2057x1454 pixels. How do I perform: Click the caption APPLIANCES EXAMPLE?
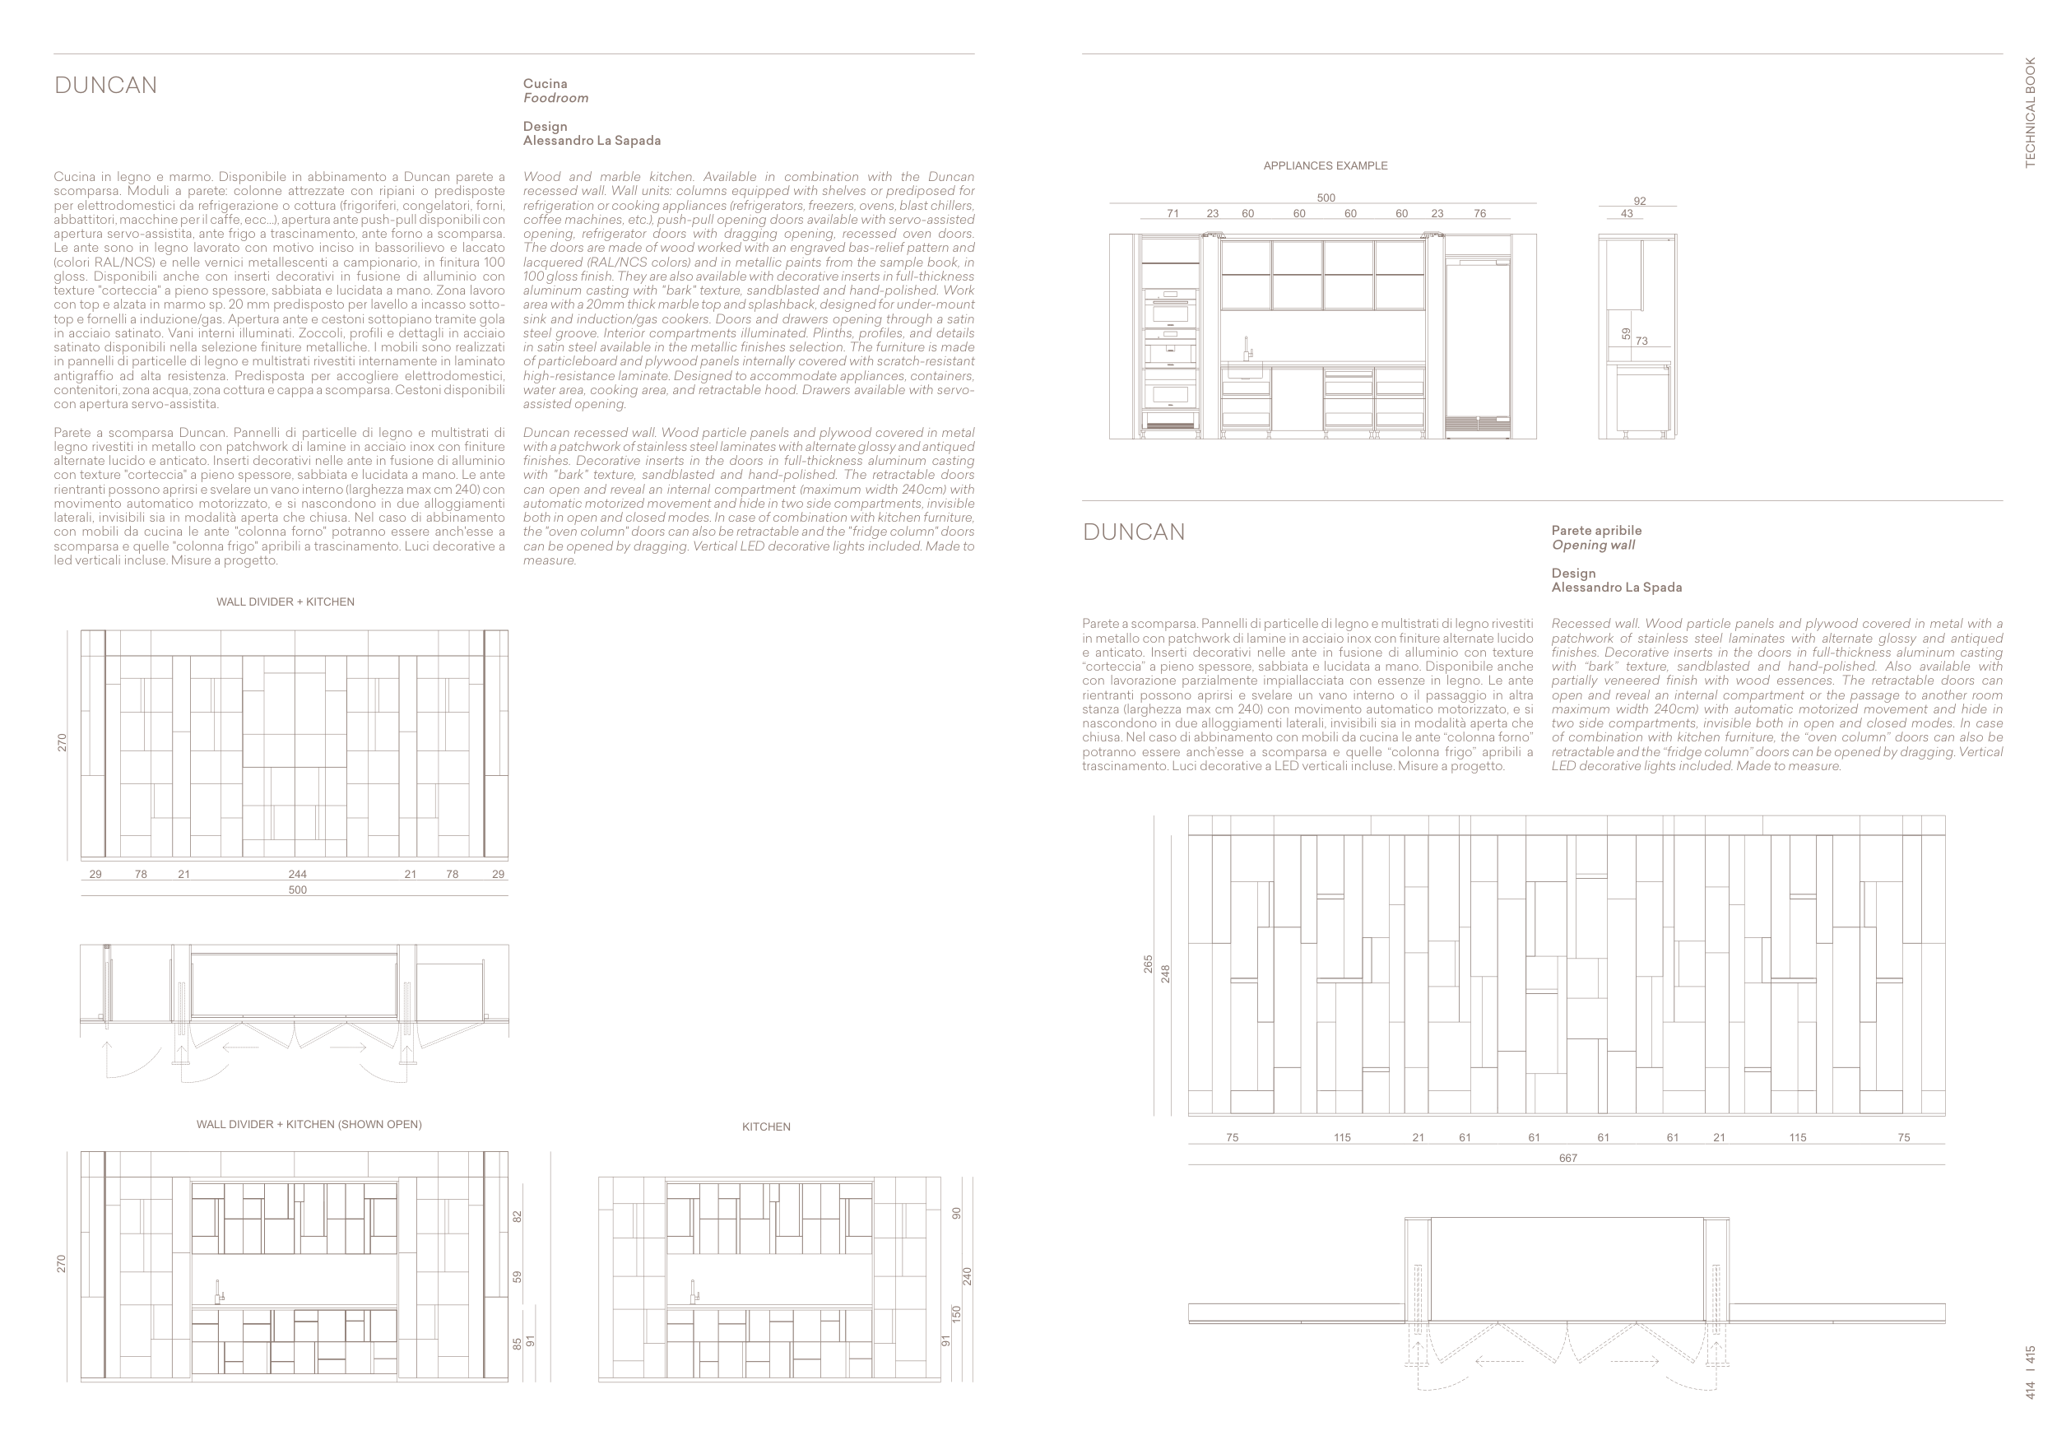click(x=1325, y=165)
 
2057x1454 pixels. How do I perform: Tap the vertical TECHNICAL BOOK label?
click(x=2030, y=112)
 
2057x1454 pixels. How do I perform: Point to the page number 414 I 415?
click(x=2030, y=1373)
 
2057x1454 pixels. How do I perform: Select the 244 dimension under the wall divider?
click(x=297, y=875)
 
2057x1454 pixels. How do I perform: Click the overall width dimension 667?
click(x=1567, y=1159)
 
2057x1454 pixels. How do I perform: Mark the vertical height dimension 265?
click(x=1149, y=964)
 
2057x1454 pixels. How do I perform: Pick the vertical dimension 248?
click(x=1166, y=973)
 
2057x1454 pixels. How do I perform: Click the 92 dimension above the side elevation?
click(x=1640, y=202)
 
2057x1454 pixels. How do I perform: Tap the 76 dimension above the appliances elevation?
click(x=1480, y=214)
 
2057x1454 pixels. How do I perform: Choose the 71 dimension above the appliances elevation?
click(x=1172, y=214)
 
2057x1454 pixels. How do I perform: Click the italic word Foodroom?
click(x=555, y=99)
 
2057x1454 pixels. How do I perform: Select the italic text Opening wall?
click(x=1593, y=546)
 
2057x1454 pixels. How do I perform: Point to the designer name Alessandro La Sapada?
click(x=592, y=141)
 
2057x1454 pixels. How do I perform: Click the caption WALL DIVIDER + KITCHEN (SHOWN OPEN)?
click(x=309, y=1124)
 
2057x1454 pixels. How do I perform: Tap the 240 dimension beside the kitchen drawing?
click(x=967, y=1276)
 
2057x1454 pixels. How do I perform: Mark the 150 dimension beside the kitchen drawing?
click(x=956, y=1314)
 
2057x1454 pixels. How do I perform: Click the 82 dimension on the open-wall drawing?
click(x=517, y=1216)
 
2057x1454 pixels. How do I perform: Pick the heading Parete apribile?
click(x=1596, y=532)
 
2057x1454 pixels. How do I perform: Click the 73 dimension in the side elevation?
click(x=1641, y=341)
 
